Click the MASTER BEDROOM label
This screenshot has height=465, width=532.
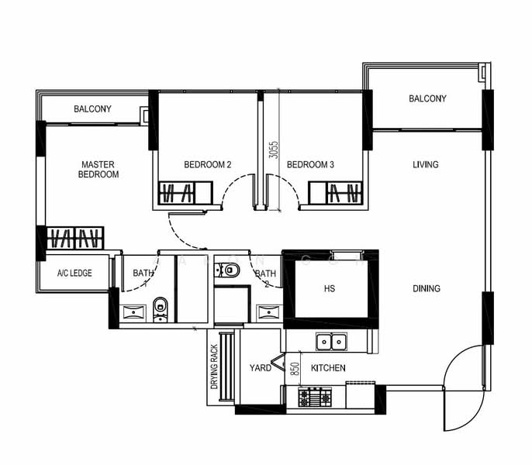tap(98, 170)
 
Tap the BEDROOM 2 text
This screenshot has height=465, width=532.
tap(207, 165)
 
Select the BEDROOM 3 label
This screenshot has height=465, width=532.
tap(310, 165)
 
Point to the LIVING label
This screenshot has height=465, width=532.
tap(425, 165)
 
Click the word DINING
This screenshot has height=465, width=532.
tap(426, 289)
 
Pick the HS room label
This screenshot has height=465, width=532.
tap(329, 289)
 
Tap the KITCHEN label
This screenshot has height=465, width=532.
tap(328, 368)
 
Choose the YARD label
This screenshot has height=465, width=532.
tap(261, 368)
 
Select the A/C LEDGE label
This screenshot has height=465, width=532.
tap(74, 274)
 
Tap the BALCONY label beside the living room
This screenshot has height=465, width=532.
tap(427, 98)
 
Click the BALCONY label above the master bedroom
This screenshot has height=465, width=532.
tap(92, 109)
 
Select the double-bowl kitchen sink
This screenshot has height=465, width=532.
tap(331, 341)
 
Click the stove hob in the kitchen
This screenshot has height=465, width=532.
tap(315, 398)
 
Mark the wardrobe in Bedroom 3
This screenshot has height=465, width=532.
tap(336, 193)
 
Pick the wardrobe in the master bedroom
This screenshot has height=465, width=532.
tap(75, 238)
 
